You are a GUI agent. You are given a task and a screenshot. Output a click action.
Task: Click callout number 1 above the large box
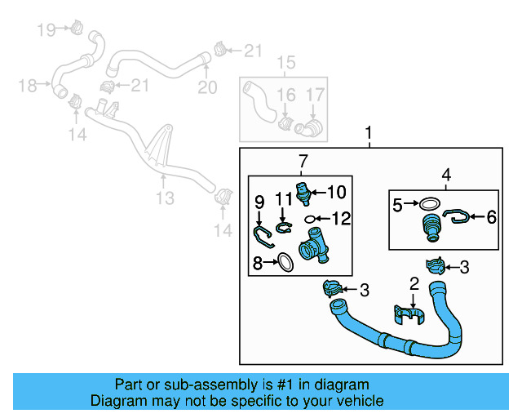click(369, 132)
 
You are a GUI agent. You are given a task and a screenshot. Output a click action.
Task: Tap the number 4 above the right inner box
click(446, 175)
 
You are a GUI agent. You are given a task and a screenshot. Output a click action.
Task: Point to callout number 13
click(165, 198)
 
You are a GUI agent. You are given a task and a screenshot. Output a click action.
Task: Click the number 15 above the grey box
click(285, 63)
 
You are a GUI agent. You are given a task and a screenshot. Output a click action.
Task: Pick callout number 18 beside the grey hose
click(28, 85)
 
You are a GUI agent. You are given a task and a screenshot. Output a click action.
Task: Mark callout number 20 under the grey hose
click(208, 87)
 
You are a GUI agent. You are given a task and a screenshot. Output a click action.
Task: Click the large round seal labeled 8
click(285, 261)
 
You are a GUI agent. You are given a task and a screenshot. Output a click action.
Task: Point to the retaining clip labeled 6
click(457, 216)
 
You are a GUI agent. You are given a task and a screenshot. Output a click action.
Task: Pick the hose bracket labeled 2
click(408, 314)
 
